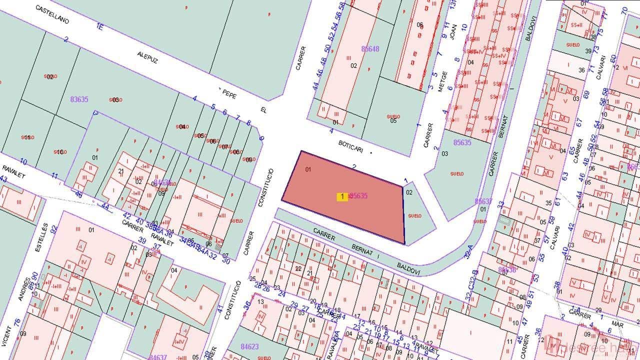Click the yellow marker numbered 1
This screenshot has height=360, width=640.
pos(342,196)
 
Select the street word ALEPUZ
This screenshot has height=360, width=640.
pos(148,58)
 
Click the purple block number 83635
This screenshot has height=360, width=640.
pos(79,99)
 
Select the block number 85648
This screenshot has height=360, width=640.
pos(370,49)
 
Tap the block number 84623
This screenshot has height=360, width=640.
pos(249,346)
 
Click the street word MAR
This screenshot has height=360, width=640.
pos(617,324)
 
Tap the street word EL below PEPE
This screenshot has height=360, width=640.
pos(263,109)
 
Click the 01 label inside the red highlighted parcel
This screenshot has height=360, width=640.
pos(308,169)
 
